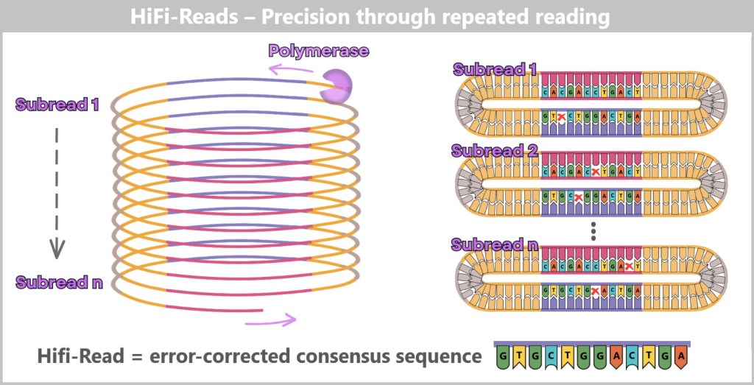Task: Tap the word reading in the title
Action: pos(568,16)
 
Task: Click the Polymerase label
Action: pos(318,52)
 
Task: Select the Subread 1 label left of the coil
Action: pos(57,105)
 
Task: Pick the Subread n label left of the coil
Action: pos(59,282)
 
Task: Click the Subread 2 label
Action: pos(496,152)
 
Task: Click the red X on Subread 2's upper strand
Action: pos(596,172)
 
